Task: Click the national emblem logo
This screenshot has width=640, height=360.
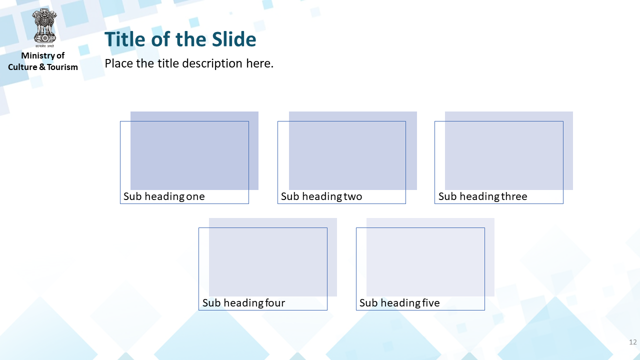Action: coord(44,28)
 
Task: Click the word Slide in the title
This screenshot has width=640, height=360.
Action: coord(234,39)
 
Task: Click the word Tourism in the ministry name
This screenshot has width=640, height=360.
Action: coord(62,67)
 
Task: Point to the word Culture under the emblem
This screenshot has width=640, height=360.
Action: coord(22,67)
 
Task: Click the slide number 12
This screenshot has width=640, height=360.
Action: coord(633,342)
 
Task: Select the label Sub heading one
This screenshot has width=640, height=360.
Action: coord(164,196)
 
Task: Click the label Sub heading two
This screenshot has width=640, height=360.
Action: coord(321,196)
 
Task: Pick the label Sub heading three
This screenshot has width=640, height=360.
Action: coord(483,196)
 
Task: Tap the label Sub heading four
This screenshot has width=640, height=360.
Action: coord(243,303)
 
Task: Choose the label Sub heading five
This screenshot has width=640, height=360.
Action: coord(399,303)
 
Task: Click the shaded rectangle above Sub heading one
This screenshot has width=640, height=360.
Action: coord(194,150)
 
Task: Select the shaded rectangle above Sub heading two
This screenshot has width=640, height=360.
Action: coord(353,150)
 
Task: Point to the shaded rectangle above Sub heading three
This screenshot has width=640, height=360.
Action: coord(509,150)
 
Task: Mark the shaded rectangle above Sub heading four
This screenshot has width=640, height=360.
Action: coord(273,257)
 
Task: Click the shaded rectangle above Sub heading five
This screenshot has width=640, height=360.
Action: coord(430,257)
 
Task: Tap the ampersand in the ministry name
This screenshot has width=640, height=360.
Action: coord(42,67)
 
